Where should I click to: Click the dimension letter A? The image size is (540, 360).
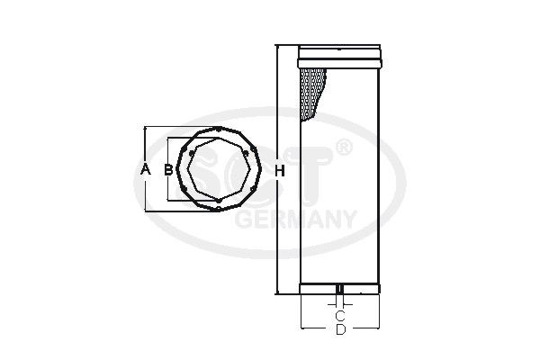click(x=146, y=169)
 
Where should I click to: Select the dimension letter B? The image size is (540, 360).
click(x=168, y=169)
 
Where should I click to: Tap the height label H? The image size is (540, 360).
click(x=280, y=171)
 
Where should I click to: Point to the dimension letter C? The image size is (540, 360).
click(x=340, y=315)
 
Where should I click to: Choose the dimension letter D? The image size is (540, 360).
click(x=340, y=329)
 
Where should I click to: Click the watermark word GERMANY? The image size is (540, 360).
click(x=295, y=219)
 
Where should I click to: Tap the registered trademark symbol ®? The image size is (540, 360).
click(x=344, y=148)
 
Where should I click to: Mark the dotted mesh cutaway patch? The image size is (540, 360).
click(x=312, y=94)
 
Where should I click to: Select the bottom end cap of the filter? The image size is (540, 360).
click(x=339, y=288)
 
